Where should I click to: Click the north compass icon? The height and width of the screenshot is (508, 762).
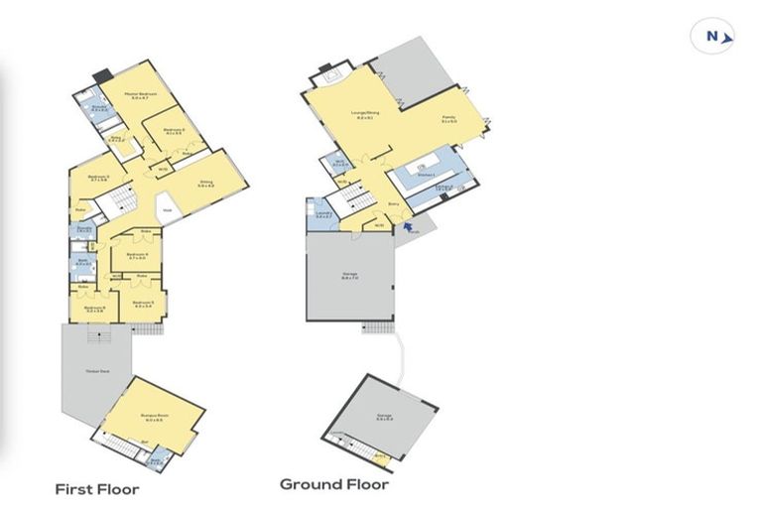pyautogui.click(x=712, y=36)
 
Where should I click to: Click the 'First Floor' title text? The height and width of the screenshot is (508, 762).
pyautogui.click(x=97, y=489)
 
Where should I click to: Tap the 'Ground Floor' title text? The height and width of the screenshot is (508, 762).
pyautogui.click(x=333, y=484)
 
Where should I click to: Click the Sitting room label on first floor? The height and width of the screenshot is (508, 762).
pyautogui.click(x=207, y=184)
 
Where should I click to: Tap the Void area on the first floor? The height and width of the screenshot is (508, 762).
pyautogui.click(x=168, y=210)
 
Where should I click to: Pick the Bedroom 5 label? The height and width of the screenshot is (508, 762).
pyautogui.click(x=145, y=304)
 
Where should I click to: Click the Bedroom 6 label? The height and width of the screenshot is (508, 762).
pyautogui.click(x=94, y=309)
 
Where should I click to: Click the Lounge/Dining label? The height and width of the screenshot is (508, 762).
pyautogui.click(x=365, y=115)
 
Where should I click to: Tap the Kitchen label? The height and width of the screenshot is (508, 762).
pyautogui.click(x=429, y=175)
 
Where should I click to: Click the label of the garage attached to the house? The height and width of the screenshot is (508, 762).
pyautogui.click(x=350, y=279)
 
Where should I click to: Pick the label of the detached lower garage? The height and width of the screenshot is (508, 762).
pyautogui.click(x=384, y=418)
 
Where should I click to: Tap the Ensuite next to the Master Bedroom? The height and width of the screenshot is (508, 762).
pyautogui.click(x=99, y=108)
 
